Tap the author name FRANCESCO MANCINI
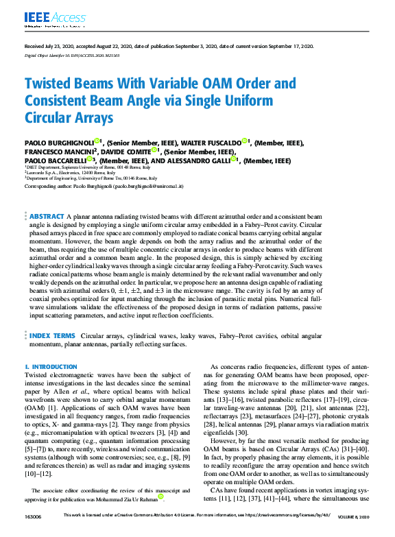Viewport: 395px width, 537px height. (x=60, y=151)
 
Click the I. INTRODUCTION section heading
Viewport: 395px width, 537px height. (x=51, y=368)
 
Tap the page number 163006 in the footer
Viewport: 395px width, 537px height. (x=32, y=533)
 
